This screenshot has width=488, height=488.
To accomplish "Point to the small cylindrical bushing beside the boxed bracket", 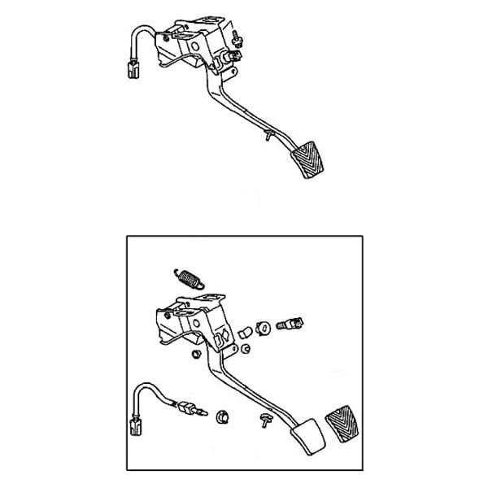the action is coord(242,332).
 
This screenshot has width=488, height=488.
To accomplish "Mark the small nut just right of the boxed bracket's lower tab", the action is coord(244,351).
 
